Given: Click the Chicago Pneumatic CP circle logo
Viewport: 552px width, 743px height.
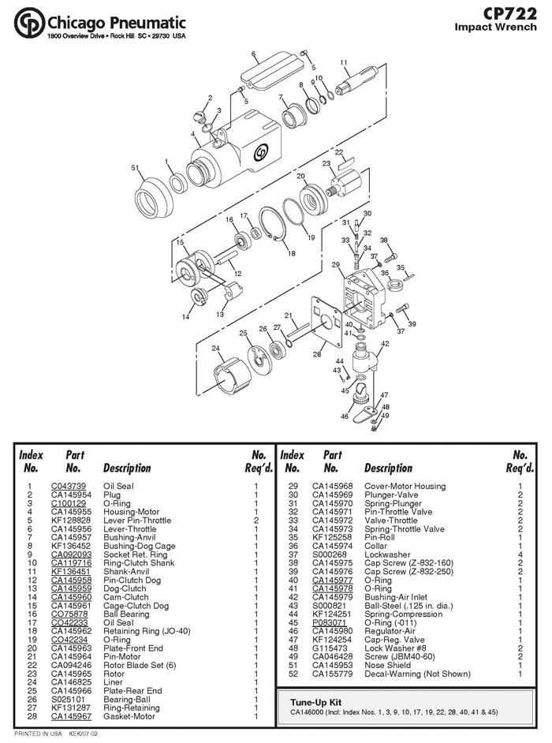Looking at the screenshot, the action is point(29,22).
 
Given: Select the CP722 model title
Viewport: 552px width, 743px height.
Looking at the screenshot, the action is point(510,13).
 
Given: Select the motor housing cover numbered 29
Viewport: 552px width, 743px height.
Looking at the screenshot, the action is point(364,298).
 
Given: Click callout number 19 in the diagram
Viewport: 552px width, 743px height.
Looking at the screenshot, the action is point(311,237).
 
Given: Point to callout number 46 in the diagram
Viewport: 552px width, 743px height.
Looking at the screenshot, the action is point(345,416).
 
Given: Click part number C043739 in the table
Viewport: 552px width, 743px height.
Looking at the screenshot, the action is point(69,486).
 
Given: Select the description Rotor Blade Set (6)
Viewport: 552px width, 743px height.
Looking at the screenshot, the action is point(140,665).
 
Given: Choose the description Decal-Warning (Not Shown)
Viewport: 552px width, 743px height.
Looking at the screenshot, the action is point(417,674).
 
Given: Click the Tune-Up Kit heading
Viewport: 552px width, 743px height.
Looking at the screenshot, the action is point(315,702).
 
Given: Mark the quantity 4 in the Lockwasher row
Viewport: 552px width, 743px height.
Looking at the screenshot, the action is point(520,554).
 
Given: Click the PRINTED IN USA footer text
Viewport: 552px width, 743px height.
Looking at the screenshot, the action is point(38,734).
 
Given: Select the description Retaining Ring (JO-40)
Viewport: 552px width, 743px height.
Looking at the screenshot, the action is point(147,631).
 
